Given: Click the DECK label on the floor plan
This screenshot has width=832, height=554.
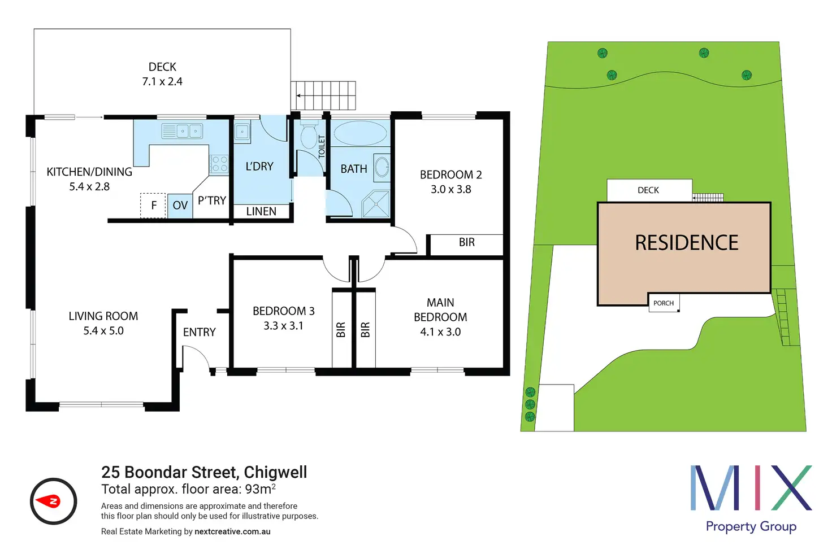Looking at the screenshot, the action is [x=162, y=67].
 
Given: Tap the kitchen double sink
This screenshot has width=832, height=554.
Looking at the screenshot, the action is [x=182, y=132].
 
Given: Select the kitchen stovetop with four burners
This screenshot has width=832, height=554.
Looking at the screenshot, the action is [x=219, y=164].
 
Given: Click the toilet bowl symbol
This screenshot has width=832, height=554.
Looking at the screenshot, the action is [x=309, y=136].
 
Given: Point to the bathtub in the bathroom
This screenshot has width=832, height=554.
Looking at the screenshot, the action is [x=360, y=133].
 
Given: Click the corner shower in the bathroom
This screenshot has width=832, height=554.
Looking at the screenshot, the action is [x=376, y=204].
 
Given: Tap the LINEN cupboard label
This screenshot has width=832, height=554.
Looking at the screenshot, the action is [x=261, y=212].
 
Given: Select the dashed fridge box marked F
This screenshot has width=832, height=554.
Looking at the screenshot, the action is [x=153, y=206].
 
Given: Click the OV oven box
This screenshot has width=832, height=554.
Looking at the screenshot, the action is [x=180, y=206].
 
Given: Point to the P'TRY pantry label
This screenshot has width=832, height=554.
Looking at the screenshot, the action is [x=212, y=200].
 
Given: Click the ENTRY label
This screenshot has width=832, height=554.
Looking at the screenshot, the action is [x=199, y=332].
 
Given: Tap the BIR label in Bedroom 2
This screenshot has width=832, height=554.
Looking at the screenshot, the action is [x=466, y=242].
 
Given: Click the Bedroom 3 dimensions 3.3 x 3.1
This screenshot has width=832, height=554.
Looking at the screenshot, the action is [x=283, y=326].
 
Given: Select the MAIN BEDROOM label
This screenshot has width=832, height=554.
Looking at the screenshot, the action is [x=440, y=310].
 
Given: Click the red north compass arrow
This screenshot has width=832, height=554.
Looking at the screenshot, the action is [x=48, y=501].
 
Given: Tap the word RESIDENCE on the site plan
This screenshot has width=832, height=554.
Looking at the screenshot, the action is [x=686, y=243].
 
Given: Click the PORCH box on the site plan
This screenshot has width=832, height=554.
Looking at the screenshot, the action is [x=664, y=303].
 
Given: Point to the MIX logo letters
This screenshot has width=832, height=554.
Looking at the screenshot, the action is [x=751, y=487].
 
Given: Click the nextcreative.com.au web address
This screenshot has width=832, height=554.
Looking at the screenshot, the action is [x=232, y=531].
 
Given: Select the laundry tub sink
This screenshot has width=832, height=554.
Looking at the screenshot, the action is [x=242, y=132].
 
